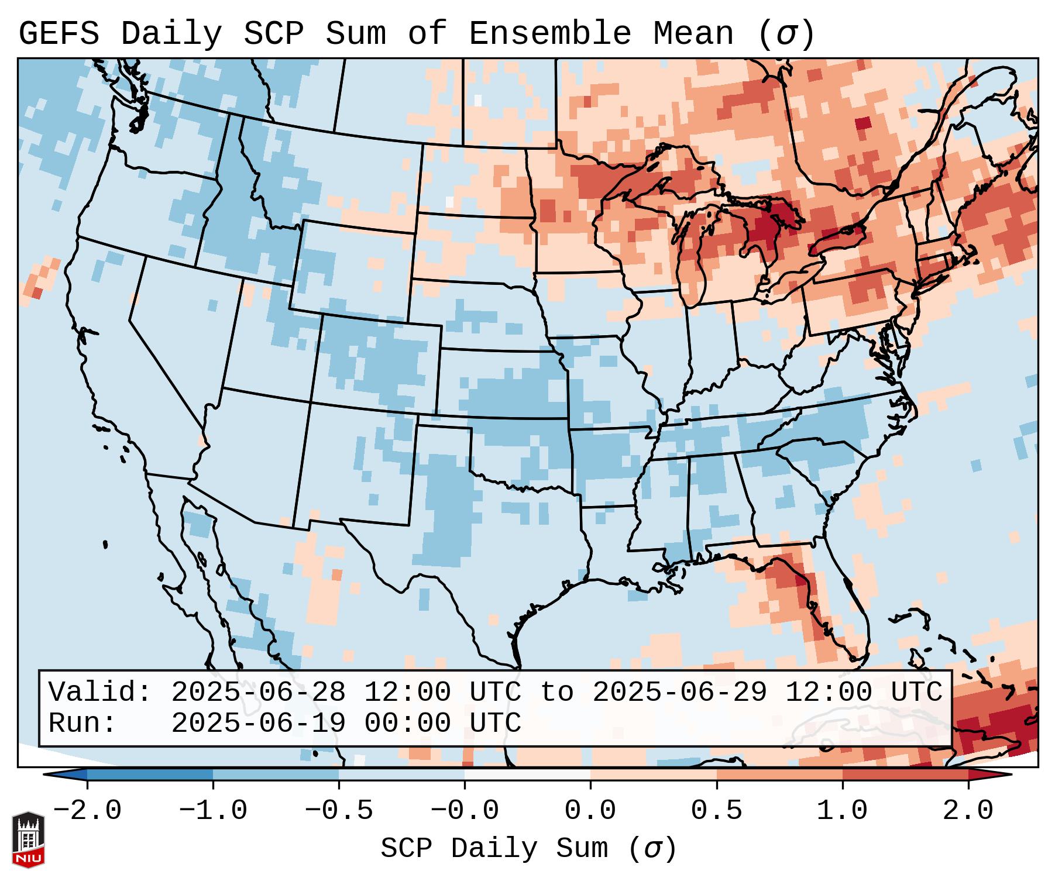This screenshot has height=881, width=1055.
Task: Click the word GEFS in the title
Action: pos(59,34)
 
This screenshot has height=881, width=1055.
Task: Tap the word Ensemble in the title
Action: pos(550,34)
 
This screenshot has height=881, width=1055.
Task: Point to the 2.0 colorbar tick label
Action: pos(968,811)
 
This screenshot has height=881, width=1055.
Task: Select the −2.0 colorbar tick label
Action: pos(87,811)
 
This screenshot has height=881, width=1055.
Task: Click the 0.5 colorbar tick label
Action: pos(716,811)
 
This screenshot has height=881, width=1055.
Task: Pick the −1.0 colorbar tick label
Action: pos(213,811)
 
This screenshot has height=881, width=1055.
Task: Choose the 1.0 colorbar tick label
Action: pos(842,811)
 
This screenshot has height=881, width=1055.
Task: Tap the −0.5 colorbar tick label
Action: pos(339,811)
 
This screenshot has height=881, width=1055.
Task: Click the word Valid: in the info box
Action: pos(100,692)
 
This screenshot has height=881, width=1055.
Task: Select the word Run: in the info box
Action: pos(83,723)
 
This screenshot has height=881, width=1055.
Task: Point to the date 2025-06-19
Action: pos(258,723)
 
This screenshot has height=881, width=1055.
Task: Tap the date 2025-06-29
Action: pos(679,692)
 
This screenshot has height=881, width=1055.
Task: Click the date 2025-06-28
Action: pos(258,692)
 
